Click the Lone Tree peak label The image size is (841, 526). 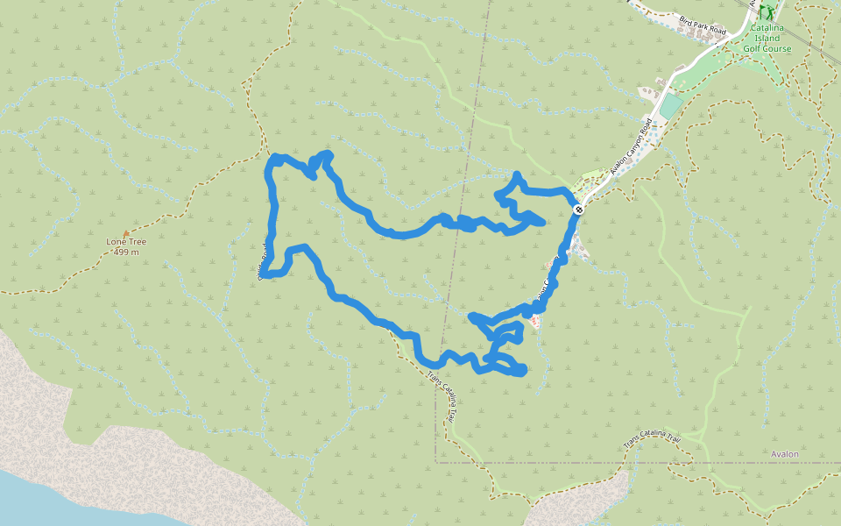point(125,241)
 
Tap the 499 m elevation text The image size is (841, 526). point(126,252)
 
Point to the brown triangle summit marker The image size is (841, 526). point(126,233)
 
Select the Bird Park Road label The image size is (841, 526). point(703,25)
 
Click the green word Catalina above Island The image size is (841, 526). point(767,28)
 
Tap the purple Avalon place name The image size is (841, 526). point(785,454)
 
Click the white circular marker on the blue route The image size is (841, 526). point(578,210)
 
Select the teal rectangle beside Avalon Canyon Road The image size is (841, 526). point(670,107)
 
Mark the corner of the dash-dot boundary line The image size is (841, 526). point(436,461)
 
